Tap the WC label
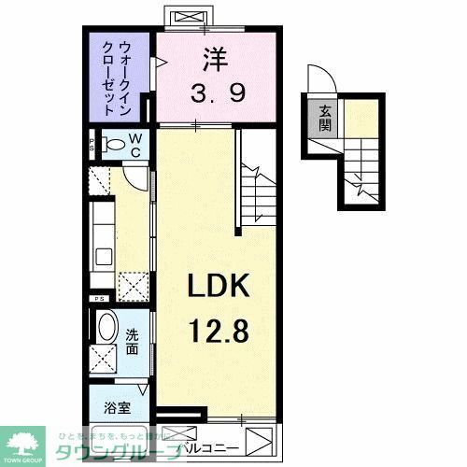click(x=134, y=146)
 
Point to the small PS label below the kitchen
click(x=97, y=298)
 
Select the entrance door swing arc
click(x=317, y=82)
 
